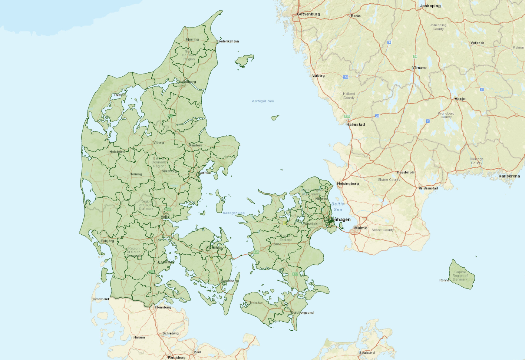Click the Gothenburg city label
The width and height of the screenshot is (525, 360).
click(308, 14)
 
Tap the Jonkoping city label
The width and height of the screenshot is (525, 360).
click(430, 6)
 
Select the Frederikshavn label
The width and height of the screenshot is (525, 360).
click(228, 41)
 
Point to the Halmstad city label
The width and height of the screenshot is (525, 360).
click(355, 125)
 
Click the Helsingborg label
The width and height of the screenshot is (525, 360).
click(348, 184)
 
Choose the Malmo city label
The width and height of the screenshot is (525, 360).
click(360, 228)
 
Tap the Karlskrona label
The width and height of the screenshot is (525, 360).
click(509, 176)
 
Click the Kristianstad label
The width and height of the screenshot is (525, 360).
click(428, 188)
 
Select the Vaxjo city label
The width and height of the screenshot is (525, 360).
click(460, 99)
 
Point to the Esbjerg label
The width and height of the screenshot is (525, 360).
click(108, 241)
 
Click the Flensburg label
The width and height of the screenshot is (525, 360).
click(163, 307)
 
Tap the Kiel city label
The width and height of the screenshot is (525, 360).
click(197, 352)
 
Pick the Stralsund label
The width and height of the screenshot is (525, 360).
click(367, 353)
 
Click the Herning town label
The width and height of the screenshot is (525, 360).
click(136, 174)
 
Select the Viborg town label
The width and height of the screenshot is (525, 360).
click(158, 142)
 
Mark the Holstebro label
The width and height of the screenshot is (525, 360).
click(117, 152)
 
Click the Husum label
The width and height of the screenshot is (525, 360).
click(139, 337)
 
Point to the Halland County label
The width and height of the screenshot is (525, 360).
click(349, 96)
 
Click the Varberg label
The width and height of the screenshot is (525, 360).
click(318, 76)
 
